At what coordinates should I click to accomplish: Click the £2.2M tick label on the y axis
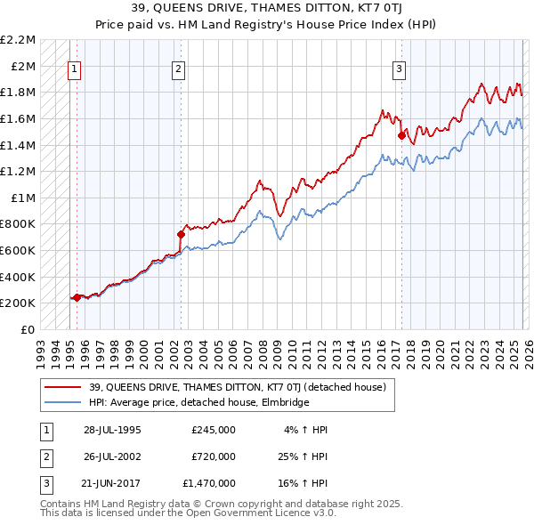pos(18,40)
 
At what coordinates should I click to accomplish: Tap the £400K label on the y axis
pos(19,277)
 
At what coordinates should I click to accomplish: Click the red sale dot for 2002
pos(181,235)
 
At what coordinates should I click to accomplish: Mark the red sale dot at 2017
pos(401,135)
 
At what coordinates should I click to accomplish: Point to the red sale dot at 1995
pos(77,297)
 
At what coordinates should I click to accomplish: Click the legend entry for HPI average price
pos(198,402)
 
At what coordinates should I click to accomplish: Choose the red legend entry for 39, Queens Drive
pos(237,387)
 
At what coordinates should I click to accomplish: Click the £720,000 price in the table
pos(214,456)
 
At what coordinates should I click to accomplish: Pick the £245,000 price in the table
pos(214,430)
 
